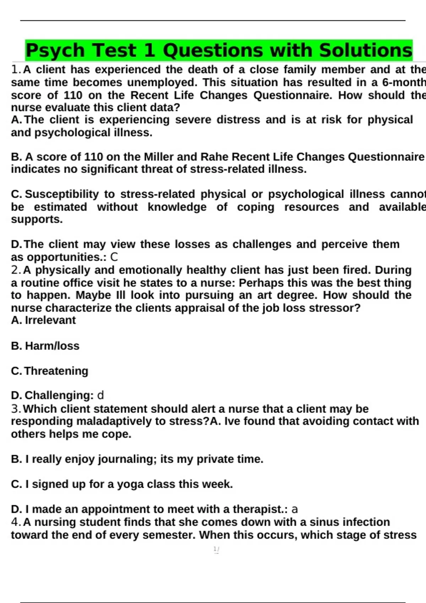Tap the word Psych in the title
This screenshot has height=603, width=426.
55,50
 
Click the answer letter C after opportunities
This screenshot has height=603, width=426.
114,257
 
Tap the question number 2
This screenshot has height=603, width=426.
16,270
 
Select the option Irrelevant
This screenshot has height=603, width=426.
50,320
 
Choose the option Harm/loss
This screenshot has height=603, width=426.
52,346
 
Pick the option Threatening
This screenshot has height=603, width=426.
56,371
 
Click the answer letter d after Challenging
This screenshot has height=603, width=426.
100,395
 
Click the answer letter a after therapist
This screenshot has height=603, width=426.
294,509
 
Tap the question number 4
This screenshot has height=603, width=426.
16,522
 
